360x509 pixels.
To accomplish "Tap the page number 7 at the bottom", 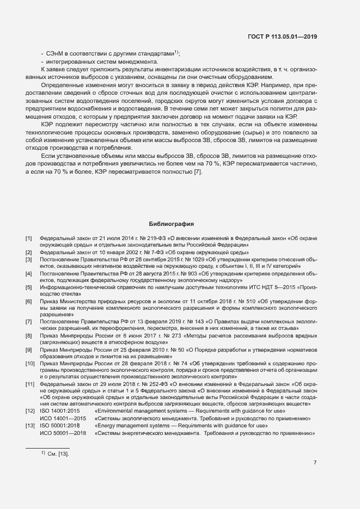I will (315, 463).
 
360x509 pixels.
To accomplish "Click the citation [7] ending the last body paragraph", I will (198, 173).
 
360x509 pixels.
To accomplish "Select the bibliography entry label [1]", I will (28, 238).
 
